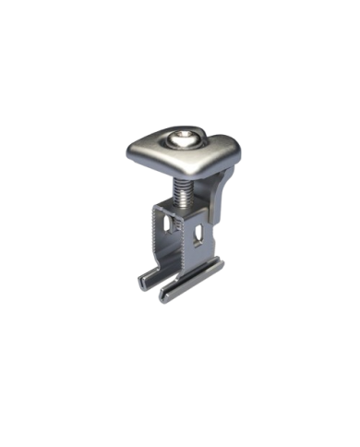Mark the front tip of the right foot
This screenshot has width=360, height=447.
click(x=167, y=297)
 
